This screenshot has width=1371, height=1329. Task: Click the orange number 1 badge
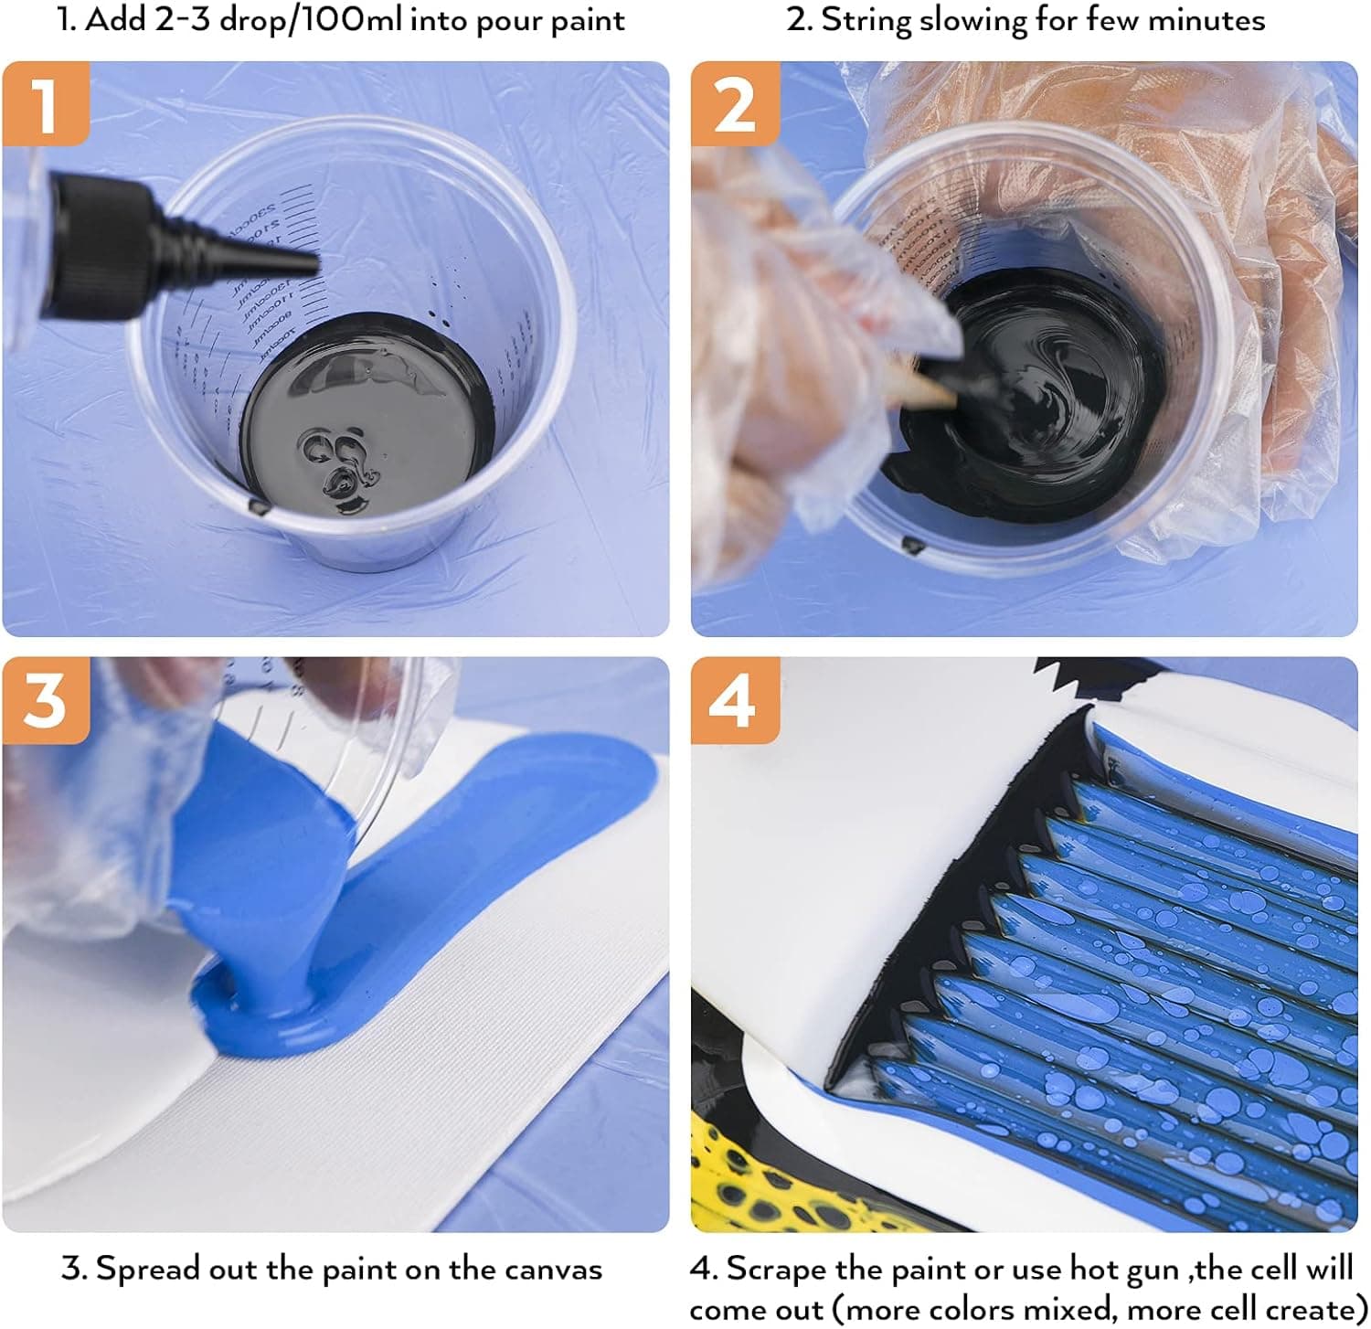(45, 103)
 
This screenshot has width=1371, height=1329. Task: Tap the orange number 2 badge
(734, 103)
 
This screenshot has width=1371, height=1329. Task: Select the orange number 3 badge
(45, 699)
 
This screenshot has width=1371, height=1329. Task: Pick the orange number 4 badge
(734, 699)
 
